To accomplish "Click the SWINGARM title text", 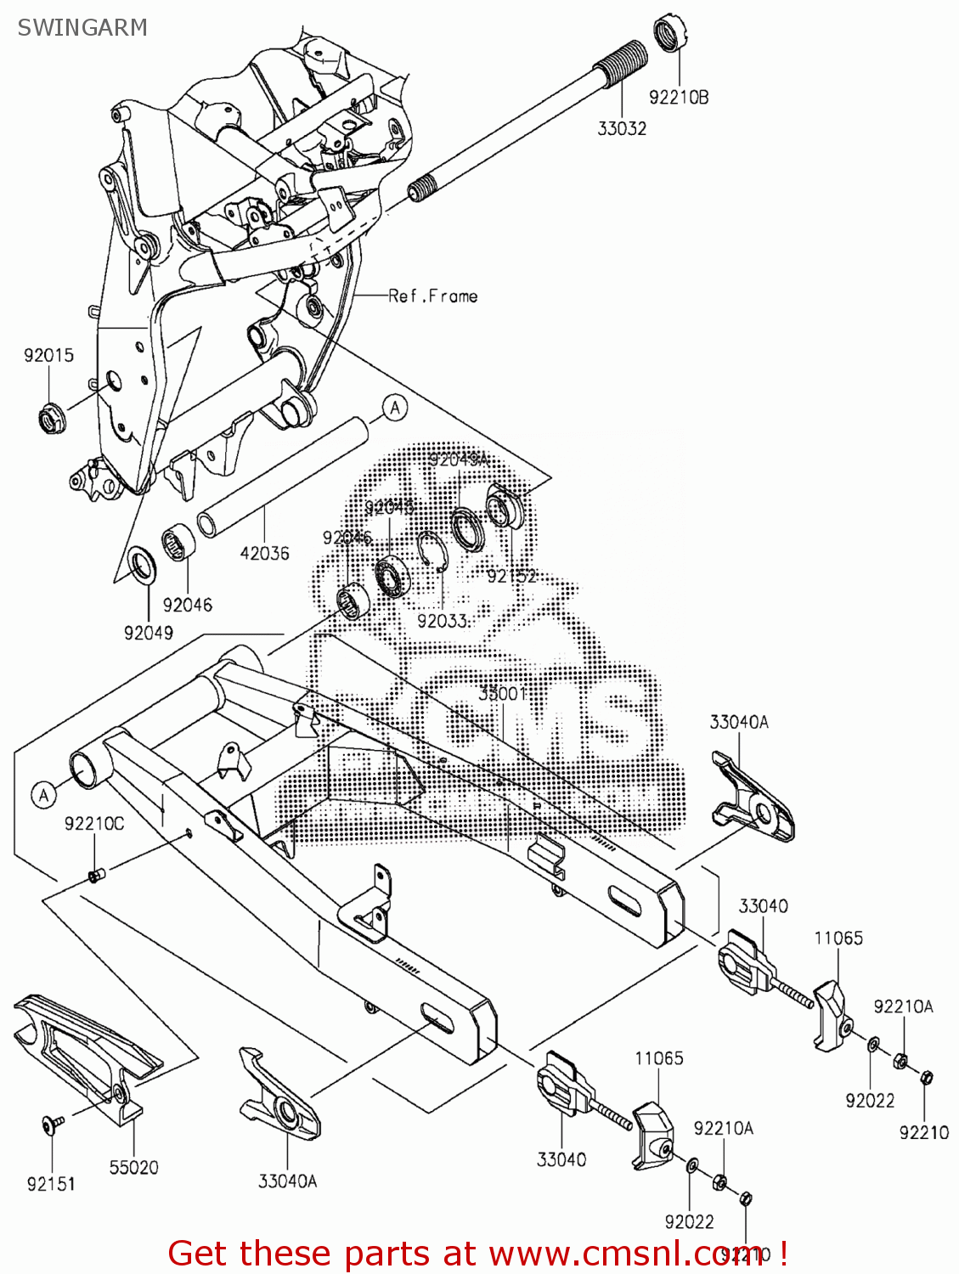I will tap(82, 28).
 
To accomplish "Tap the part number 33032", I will tap(622, 128).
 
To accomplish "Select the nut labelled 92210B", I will tap(671, 34).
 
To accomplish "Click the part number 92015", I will tap(48, 355).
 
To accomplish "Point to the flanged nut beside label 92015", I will tap(50, 417).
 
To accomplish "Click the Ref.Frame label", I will tap(433, 296).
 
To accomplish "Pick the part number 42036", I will tap(264, 553).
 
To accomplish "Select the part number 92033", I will tap(443, 621).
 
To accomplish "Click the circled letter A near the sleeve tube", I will tap(394, 409).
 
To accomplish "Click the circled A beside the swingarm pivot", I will tap(44, 795).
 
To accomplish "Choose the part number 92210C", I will tap(94, 823).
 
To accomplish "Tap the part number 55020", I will tap(133, 1167).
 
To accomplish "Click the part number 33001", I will tap(502, 693).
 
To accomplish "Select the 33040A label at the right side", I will tap(739, 722).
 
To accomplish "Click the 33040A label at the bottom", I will tap(287, 1181).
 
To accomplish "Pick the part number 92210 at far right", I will tap(924, 1132).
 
